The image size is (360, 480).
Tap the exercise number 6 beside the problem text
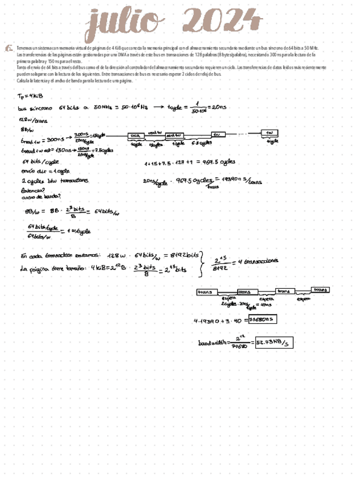(8, 49)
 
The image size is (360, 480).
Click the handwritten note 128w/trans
(33, 120)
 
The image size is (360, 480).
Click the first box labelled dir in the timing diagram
(135, 136)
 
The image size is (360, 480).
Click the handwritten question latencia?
(33, 191)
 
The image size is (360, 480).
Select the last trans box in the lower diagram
(321, 289)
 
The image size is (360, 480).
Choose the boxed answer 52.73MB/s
(274, 342)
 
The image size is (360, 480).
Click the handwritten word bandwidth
(213, 343)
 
